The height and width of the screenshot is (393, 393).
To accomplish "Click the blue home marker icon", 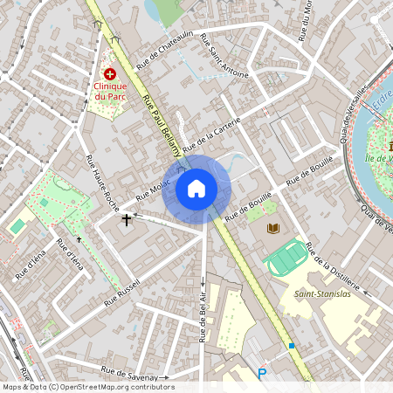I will coord(196,189).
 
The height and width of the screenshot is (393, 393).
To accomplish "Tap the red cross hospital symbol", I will coord(110,75).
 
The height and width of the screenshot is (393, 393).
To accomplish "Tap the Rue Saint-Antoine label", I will coord(224,55).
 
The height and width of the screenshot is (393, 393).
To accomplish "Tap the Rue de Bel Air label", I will coord(203,315).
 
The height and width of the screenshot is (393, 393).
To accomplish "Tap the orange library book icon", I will coord(272,229).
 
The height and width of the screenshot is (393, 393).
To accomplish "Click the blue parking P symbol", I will coord(261,374).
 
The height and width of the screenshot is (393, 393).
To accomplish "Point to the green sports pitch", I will coord(287,257).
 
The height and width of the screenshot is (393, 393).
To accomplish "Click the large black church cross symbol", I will coord(127,218).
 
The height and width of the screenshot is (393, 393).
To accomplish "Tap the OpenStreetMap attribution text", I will coord(87,387).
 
